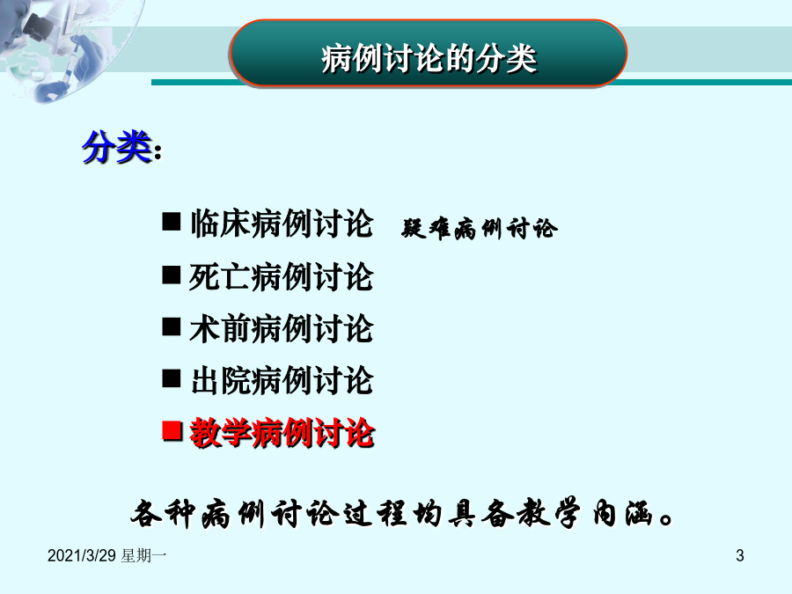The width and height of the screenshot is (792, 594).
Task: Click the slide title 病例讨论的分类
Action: [429, 59]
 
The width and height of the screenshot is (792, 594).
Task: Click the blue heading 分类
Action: [117, 147]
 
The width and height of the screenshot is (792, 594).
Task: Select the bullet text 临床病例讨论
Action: [282, 224]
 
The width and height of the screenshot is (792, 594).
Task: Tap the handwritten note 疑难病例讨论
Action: [480, 229]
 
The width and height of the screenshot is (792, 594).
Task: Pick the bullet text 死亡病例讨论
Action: [282, 277]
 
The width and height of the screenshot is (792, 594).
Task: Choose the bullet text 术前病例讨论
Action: [282, 329]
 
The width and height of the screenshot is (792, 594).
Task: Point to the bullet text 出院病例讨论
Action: [282, 380]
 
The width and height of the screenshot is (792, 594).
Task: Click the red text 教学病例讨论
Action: [282, 433]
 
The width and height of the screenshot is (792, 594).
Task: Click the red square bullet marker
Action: [172, 431]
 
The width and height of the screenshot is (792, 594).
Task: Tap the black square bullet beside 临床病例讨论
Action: [172, 221]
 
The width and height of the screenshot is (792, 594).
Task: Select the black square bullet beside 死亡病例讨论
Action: [172, 275]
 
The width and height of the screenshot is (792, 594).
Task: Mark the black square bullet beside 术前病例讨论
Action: [172, 326]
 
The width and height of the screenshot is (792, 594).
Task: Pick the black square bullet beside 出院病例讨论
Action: [172, 378]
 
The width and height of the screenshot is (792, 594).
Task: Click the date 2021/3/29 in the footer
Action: [82, 555]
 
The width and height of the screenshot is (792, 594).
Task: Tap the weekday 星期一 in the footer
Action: [144, 555]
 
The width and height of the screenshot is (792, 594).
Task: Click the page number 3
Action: [740, 555]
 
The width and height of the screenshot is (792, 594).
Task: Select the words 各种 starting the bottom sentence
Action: [163, 514]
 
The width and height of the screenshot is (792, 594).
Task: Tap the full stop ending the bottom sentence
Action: [666, 519]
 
